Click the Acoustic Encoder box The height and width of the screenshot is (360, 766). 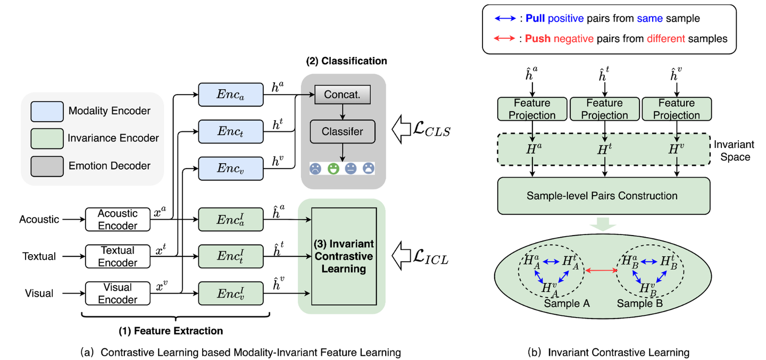click(x=118, y=220)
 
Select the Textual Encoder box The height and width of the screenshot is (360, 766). click(x=118, y=256)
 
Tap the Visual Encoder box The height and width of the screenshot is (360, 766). click(x=118, y=293)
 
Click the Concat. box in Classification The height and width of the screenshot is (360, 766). click(x=343, y=96)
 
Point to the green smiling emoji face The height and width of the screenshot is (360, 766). click(x=333, y=169)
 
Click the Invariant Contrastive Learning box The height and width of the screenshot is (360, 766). click(x=344, y=256)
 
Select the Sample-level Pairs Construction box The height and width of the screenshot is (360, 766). click(x=602, y=196)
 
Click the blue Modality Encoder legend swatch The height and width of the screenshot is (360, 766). click(x=46, y=111)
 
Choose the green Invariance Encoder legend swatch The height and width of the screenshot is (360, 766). click(x=46, y=138)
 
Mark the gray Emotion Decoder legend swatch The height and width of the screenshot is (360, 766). click(x=46, y=165)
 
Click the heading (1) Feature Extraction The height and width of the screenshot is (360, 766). click(x=170, y=331)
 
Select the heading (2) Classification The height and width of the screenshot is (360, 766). click(x=346, y=61)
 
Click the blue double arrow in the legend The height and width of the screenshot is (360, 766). click(x=505, y=19)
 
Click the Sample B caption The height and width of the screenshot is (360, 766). click(x=639, y=303)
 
